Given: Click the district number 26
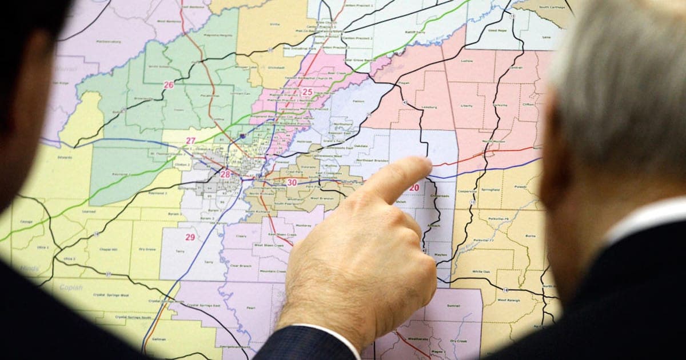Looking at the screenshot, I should click(168, 85).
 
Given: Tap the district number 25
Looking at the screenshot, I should click(307, 92).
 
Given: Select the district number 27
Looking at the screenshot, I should click(190, 141).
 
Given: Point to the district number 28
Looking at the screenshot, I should click(225, 174).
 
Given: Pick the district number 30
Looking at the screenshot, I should click(292, 183).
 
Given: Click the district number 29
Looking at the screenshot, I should click(190, 237).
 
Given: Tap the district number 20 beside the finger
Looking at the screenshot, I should click(413, 188).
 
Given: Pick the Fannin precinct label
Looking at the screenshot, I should click(359, 101).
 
